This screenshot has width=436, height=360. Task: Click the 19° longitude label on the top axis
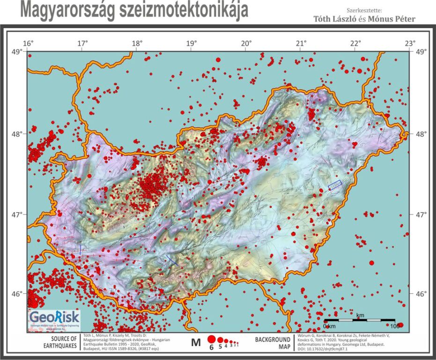pos(192,44)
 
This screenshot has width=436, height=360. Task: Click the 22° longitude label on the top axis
pos(355,44)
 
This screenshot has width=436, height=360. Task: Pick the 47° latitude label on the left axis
pos(17,215)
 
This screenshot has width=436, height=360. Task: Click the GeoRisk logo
pos(54,319)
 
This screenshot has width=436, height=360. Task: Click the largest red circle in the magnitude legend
pos(211,339)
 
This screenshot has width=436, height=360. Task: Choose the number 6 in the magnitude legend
pos(211,347)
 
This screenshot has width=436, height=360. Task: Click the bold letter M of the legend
pos(196,343)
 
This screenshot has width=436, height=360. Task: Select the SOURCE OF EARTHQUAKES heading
pos(63,343)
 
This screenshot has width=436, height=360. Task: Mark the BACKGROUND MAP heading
pos(272,343)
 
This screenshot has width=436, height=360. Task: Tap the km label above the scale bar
pos(360,315)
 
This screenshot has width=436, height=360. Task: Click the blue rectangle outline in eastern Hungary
pos(334,185)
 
